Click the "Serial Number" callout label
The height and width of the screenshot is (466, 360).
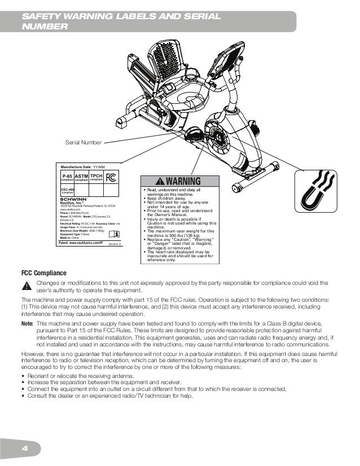click(x=84, y=142)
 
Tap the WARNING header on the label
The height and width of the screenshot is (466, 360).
click(x=178, y=182)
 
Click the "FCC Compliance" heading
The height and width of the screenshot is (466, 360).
click(x=44, y=274)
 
